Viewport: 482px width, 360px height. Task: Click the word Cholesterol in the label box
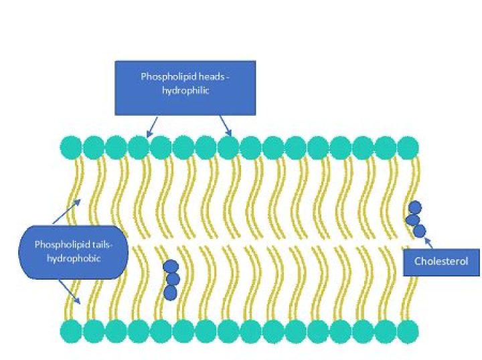pyautogui.click(x=441, y=261)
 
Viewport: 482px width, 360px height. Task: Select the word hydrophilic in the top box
pyautogui.click(x=185, y=91)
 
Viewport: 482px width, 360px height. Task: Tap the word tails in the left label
pyautogui.click(x=96, y=244)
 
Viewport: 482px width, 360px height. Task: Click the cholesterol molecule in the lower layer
pyautogui.click(x=172, y=279)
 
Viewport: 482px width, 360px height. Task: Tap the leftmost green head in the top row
pyautogui.click(x=71, y=147)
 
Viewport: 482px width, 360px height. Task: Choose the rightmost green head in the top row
pyautogui.click(x=408, y=147)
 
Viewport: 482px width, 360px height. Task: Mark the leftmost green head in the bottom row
pyautogui.click(x=71, y=330)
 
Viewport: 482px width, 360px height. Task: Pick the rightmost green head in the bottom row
pyautogui.click(x=408, y=330)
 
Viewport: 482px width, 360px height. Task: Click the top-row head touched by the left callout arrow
pyautogui.click(x=139, y=147)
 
